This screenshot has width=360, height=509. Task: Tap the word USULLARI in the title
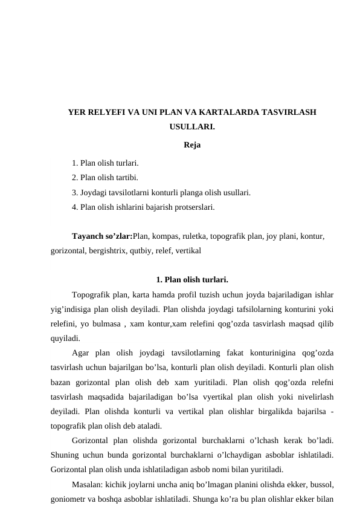point(192,128)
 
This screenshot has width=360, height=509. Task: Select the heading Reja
point(192,144)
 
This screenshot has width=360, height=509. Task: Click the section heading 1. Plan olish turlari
point(192,280)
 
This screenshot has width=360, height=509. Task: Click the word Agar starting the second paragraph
point(81,353)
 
